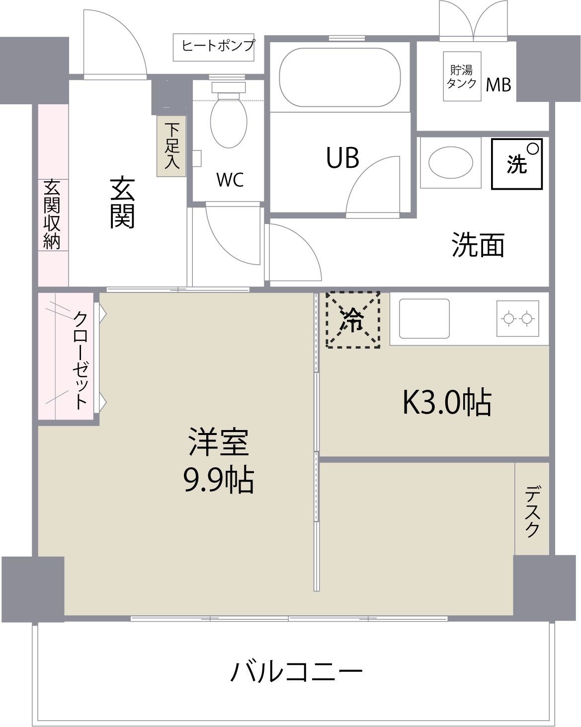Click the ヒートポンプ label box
click(215, 47)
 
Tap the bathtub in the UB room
click(340, 77)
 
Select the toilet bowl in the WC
click(229, 122)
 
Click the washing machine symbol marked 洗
click(517, 163)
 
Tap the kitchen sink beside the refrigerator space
click(424, 319)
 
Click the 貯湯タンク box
click(462, 76)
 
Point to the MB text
click(498, 85)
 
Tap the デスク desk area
click(532, 511)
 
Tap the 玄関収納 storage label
click(52, 214)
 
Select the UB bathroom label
click(342, 158)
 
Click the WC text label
click(230, 180)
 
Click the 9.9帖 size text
click(219, 480)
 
